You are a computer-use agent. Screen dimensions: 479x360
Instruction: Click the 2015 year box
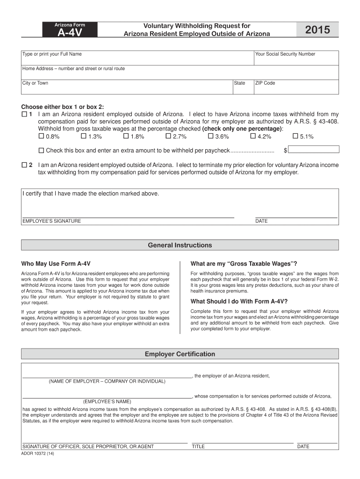click(317, 30)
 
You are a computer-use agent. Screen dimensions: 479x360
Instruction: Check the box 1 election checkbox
click(24, 114)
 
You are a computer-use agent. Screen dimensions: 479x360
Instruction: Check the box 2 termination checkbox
click(24, 165)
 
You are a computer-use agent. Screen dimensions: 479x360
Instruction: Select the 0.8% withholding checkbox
click(41, 137)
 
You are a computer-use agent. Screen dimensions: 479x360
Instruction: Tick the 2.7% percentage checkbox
click(168, 137)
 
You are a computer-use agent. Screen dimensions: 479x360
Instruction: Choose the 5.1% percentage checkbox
click(295, 137)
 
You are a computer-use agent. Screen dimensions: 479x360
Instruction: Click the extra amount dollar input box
click(313, 150)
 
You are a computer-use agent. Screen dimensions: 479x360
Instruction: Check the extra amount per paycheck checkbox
click(41, 151)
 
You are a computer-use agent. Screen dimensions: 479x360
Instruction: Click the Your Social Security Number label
click(285, 54)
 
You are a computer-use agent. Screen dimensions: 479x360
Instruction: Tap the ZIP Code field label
click(265, 83)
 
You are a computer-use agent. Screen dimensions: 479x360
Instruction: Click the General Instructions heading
click(180, 245)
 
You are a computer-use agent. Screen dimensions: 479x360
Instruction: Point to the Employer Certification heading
click(180, 354)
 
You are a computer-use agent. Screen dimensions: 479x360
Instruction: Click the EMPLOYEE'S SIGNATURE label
click(52, 221)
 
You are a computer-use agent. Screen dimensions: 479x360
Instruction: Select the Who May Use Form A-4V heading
click(56, 263)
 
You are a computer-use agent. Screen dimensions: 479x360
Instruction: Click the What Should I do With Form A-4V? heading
click(239, 301)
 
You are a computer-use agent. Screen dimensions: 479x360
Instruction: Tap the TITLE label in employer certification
click(198, 447)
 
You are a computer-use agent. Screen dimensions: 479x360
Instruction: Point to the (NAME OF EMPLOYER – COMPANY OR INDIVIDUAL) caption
click(107, 381)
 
